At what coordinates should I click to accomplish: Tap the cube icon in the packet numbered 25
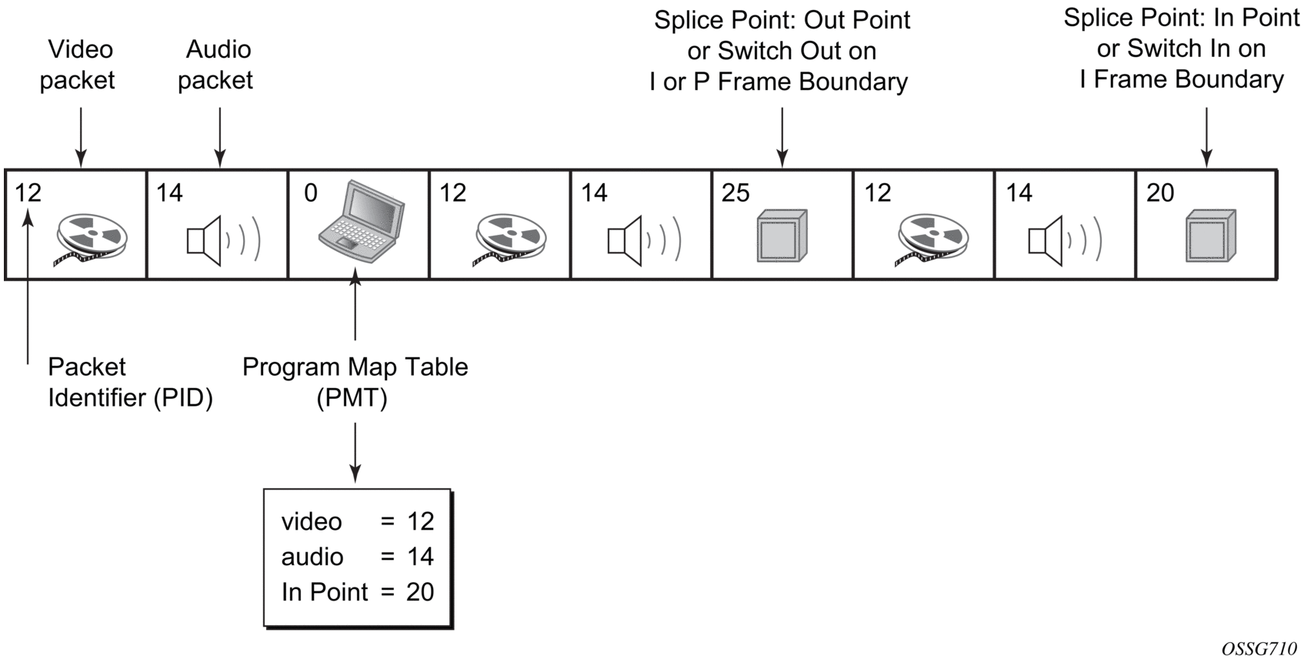point(782,235)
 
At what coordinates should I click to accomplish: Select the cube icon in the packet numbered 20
point(1210,235)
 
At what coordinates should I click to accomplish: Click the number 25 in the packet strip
point(735,193)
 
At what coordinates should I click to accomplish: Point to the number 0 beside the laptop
point(311,193)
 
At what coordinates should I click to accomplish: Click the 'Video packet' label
point(78,65)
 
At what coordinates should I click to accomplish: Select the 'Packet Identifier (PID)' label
point(129,382)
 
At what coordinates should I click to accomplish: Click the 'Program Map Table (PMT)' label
point(355,382)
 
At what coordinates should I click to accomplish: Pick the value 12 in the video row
point(420,521)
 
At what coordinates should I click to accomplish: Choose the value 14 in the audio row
point(420,557)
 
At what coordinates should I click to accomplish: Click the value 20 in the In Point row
point(420,592)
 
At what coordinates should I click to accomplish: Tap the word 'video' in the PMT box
point(312,521)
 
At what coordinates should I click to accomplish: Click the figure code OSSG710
point(1259,649)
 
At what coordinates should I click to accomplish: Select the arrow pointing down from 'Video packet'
point(81,137)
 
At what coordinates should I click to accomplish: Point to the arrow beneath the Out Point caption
point(782,137)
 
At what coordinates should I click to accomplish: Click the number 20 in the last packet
point(1160,193)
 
